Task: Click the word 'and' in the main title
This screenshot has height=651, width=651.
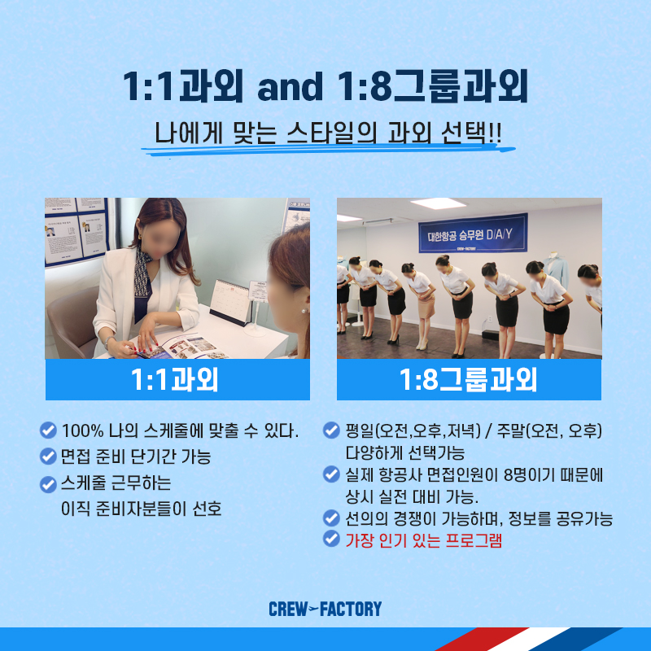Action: tap(291, 86)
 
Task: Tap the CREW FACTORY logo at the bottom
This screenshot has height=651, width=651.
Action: tap(325, 609)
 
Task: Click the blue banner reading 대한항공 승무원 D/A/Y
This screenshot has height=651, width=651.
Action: tap(473, 234)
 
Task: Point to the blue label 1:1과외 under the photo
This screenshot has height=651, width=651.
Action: tap(177, 379)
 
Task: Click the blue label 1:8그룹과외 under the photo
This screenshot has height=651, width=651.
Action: tap(470, 379)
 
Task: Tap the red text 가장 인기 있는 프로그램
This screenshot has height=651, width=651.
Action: tap(424, 540)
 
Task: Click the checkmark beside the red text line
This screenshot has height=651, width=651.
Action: tap(331, 539)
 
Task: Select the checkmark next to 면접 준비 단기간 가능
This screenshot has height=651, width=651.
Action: tap(48, 457)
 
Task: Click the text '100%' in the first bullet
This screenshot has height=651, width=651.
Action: tap(83, 431)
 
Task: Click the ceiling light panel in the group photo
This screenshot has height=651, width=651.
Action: tap(438, 203)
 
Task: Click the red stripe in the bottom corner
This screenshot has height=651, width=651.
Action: tap(482, 639)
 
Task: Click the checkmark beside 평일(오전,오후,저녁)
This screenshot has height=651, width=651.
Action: tap(331, 430)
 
